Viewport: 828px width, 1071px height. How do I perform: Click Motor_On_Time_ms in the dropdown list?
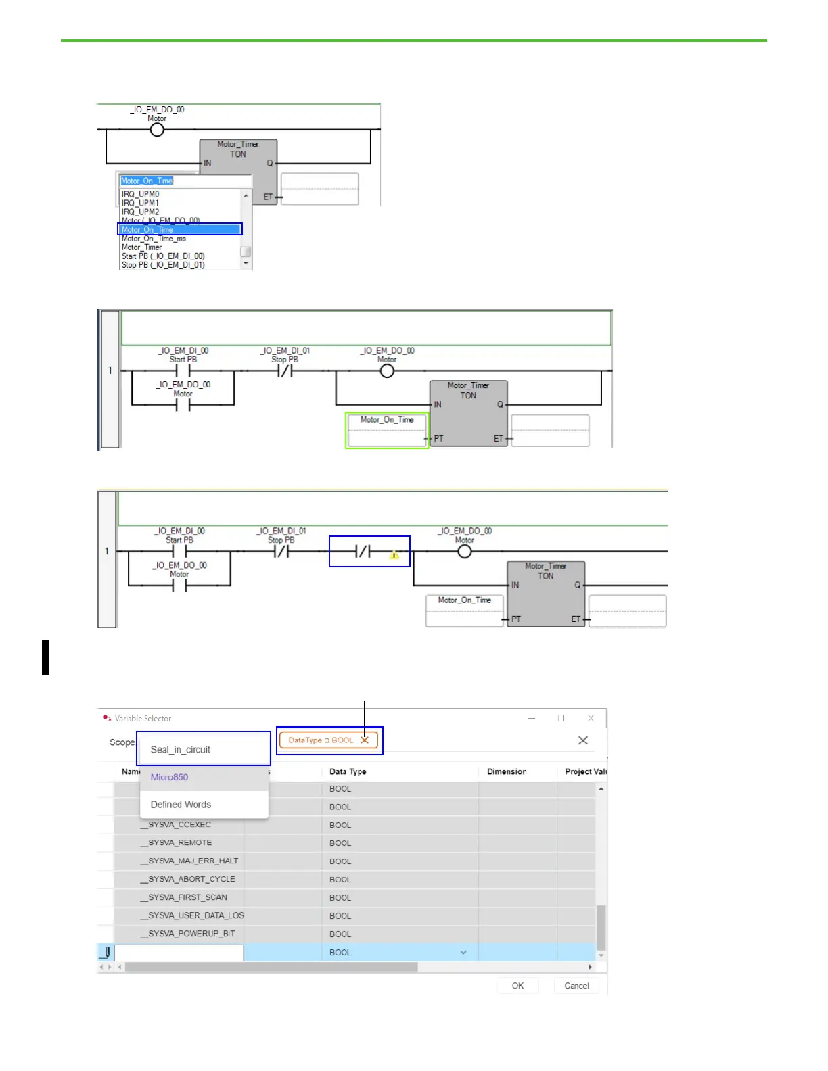point(154,239)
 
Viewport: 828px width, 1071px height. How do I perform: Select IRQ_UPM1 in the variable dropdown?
point(140,203)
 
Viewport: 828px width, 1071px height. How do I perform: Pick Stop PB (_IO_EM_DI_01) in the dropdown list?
point(163,265)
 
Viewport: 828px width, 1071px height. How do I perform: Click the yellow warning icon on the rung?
point(394,556)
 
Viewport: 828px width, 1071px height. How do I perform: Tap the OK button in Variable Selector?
point(517,986)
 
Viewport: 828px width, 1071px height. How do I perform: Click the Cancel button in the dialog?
point(576,986)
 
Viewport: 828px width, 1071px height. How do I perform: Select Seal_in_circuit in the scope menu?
point(181,750)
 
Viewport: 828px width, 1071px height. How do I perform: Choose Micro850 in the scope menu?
point(169,778)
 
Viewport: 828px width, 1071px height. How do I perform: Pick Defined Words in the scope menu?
point(181,805)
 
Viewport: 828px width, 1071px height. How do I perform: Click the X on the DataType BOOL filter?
point(365,740)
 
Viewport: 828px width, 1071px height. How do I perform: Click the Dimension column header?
point(507,771)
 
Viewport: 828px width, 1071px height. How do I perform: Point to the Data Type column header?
point(348,771)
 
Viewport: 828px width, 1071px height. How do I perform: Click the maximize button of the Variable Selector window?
point(561,718)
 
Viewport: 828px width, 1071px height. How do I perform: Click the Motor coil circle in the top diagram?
point(157,130)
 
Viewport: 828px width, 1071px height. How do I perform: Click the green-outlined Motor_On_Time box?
point(387,430)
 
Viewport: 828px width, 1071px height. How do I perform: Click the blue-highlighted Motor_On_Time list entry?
point(180,230)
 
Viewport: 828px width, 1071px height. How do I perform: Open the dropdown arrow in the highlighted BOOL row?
point(463,953)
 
